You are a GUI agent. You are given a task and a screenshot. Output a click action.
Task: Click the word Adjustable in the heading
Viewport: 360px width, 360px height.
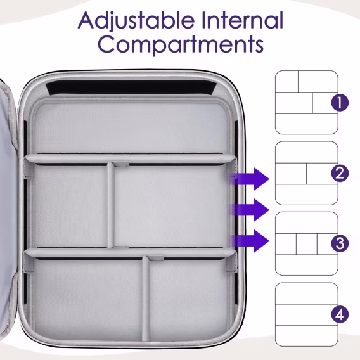136,21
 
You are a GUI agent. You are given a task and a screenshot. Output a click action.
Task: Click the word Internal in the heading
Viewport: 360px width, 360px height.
242,20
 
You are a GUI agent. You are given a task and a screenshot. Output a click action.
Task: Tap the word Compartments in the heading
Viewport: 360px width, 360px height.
181,44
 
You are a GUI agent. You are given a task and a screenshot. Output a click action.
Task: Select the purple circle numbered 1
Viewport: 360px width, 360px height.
340,103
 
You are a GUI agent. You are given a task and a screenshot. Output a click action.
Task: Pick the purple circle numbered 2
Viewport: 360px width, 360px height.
340,173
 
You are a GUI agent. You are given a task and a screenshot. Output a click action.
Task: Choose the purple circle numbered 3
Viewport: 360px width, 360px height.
340,243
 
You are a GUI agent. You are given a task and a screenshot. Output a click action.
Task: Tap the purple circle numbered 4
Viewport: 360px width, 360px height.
340,314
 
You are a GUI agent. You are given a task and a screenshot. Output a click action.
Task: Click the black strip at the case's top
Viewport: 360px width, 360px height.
131,87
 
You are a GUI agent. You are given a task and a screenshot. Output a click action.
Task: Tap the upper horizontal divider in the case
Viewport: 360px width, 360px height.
130,159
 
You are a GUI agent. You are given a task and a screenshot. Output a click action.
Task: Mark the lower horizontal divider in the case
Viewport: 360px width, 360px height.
130,253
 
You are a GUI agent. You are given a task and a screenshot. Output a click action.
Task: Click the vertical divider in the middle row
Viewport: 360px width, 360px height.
110,205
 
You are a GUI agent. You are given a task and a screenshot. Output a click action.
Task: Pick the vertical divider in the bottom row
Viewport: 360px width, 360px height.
145,299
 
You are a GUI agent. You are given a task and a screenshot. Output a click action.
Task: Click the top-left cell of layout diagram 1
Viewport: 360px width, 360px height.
286,82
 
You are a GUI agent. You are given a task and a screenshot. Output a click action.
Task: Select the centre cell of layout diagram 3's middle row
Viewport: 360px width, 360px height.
307,244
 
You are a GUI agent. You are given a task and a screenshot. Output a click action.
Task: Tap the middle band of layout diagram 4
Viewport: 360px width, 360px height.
307,315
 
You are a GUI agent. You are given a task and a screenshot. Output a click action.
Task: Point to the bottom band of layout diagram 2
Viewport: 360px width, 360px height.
307,195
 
